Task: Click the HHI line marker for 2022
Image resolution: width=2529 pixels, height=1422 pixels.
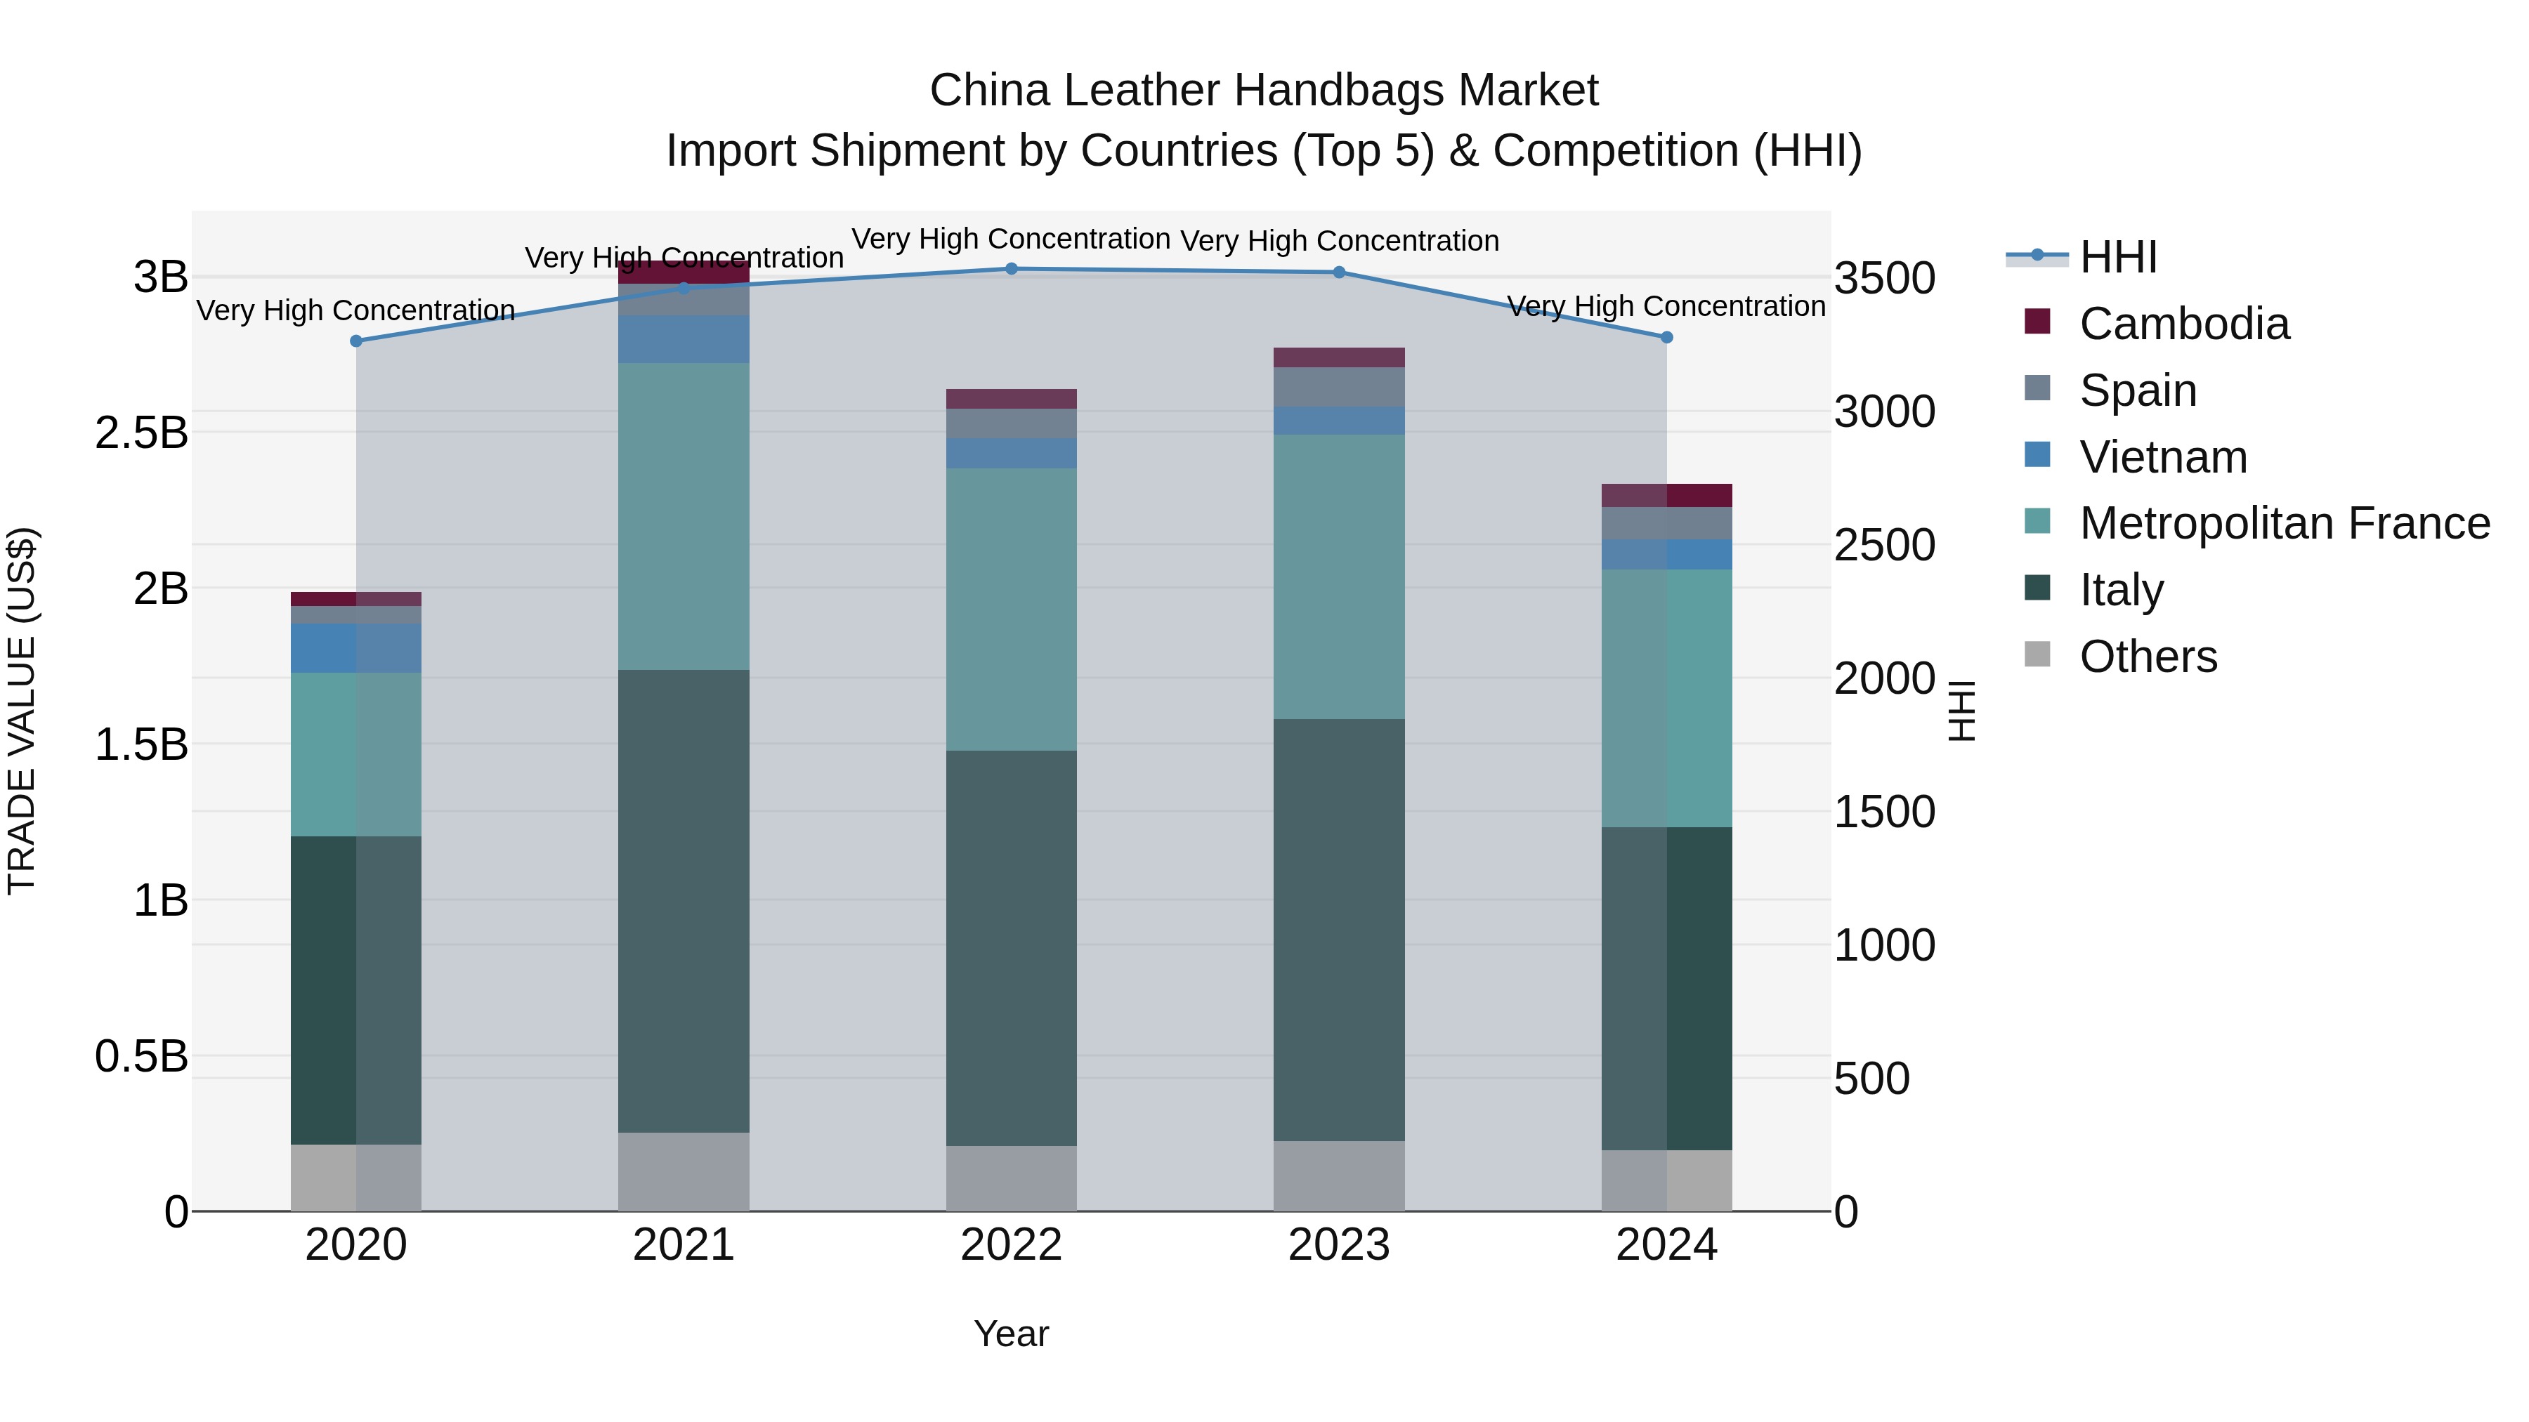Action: click(1011, 268)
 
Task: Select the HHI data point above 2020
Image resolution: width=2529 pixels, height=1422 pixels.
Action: click(356, 341)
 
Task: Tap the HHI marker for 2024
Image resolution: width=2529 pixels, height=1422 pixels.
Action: click(1666, 336)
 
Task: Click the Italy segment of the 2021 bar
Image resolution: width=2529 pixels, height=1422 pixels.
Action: click(684, 901)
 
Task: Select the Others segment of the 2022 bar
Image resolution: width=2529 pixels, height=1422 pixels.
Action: click(1011, 1178)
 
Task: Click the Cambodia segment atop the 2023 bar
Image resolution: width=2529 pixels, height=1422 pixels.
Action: click(1339, 357)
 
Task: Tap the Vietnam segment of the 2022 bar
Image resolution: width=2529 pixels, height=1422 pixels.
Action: click(1011, 454)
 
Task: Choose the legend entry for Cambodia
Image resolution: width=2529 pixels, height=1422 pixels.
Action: click(2183, 324)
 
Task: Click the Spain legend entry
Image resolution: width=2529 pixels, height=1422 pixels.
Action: click(2137, 390)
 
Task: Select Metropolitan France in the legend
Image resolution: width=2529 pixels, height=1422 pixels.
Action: click(2284, 523)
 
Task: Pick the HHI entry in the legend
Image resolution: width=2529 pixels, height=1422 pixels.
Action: click(2117, 257)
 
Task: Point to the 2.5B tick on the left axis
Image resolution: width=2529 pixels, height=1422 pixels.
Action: click(141, 433)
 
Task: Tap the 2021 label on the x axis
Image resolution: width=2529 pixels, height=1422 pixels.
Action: click(684, 1245)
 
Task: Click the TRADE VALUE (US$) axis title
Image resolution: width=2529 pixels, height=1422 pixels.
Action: click(22, 711)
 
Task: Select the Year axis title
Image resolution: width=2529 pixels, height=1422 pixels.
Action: click(1011, 1334)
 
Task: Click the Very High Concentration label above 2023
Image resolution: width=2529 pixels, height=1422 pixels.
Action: click(1339, 240)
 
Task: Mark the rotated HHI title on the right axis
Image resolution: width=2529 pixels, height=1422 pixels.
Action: click(1961, 711)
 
